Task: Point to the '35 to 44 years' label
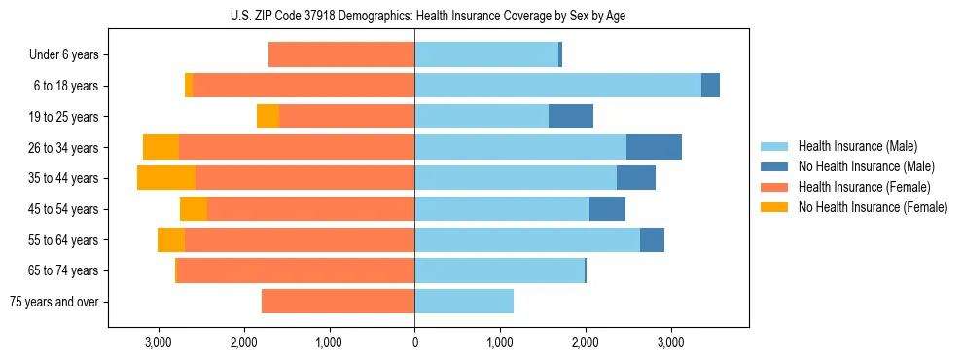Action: pyautogui.click(x=65, y=178)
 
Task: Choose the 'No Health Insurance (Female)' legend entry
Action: pyautogui.click(x=873, y=207)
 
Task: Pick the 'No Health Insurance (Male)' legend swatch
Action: pyautogui.click(x=776, y=166)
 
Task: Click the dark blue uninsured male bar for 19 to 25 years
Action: pyautogui.click(x=571, y=117)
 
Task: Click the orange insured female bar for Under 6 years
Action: pyautogui.click(x=341, y=55)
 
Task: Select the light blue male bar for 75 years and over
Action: pyautogui.click(x=464, y=302)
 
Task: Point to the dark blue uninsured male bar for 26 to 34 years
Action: pyautogui.click(x=654, y=147)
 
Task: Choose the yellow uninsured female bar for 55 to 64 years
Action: pyautogui.click(x=171, y=239)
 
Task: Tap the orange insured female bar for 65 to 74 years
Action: pyautogui.click(x=296, y=270)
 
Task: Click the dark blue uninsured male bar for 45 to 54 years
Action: pyautogui.click(x=607, y=209)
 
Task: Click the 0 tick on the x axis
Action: pyautogui.click(x=414, y=342)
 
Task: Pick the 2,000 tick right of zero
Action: pyautogui.click(x=585, y=342)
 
